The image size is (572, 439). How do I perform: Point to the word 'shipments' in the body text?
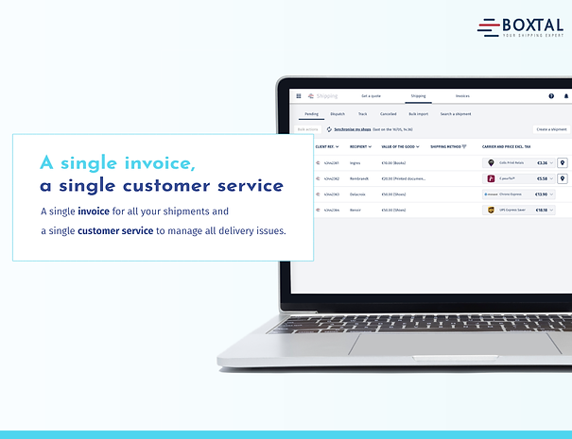[201, 210]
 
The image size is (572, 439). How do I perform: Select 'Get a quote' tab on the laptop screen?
[371, 95]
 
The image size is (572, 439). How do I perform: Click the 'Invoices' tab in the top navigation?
[462, 95]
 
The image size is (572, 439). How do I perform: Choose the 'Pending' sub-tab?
[311, 113]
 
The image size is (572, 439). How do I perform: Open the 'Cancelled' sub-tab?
[388, 113]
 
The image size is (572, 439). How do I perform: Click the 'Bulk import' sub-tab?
[418, 113]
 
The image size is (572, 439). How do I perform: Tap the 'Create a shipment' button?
[551, 128]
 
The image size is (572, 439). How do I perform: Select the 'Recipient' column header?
[359, 147]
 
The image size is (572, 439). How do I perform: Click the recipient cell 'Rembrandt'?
[359, 177]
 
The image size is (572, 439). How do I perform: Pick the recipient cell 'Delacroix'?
[358, 194]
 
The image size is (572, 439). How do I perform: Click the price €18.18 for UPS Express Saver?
[541, 210]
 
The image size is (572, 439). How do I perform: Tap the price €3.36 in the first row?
[542, 162]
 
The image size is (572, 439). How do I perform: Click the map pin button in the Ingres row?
[563, 162]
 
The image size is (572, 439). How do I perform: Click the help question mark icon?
[551, 95]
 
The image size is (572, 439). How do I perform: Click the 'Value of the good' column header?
[398, 147]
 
